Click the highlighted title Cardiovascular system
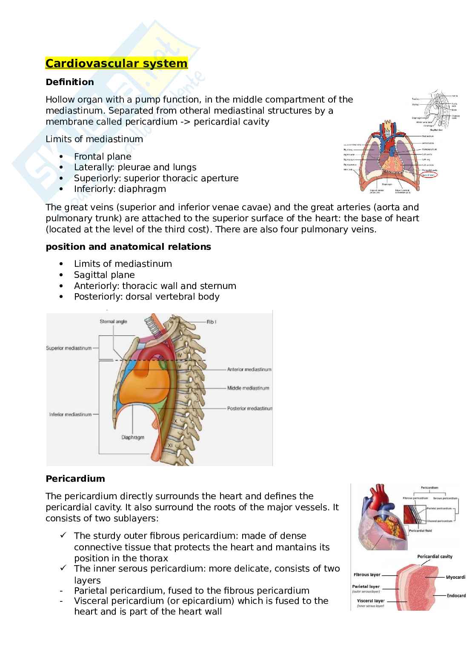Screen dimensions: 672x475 click(x=116, y=63)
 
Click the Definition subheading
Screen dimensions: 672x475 click(x=70, y=82)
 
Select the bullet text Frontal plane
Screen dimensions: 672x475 click(x=103, y=156)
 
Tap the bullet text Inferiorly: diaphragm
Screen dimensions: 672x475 click(x=120, y=189)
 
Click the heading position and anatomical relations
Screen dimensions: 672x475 click(x=128, y=247)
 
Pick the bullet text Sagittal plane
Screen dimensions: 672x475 click(x=104, y=275)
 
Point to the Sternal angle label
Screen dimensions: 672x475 click(x=113, y=321)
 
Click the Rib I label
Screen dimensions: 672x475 click(x=212, y=322)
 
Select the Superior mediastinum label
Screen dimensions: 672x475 click(x=69, y=348)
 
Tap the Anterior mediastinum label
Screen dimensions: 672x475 click(x=249, y=369)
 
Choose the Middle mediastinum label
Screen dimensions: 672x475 click(x=248, y=388)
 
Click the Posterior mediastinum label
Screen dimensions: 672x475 click(x=249, y=408)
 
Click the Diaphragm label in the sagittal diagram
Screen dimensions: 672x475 click(x=132, y=437)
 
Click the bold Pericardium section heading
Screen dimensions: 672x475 click(x=75, y=478)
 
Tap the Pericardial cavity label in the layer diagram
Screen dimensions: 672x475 click(x=435, y=556)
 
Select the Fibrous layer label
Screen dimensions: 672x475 click(x=367, y=575)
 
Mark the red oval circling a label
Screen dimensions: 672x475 click(x=431, y=174)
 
